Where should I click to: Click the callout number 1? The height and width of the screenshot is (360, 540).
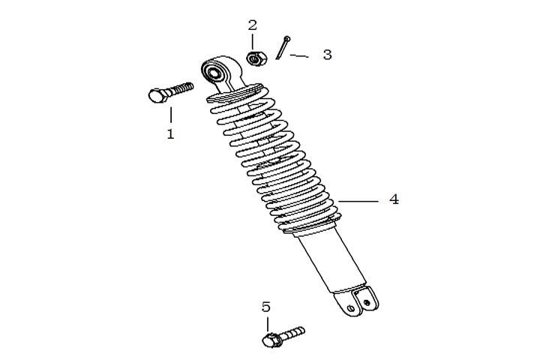pos(170,133)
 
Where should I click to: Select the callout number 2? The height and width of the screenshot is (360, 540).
pos(253,25)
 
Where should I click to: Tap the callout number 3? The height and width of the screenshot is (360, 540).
pos(327,55)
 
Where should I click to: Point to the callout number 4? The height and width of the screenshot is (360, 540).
pos(394,199)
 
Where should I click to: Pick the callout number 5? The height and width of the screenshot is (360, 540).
pos(266,307)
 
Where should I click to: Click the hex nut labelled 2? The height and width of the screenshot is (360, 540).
pos(256,58)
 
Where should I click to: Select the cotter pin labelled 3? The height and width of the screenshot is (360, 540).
pos(283,47)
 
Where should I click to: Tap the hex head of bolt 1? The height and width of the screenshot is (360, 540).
pos(158,95)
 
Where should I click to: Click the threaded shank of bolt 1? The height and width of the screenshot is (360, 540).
pos(181,89)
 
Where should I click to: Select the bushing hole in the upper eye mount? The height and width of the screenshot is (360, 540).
pos(214,73)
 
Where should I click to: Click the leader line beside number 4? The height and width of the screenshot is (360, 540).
pos(358,201)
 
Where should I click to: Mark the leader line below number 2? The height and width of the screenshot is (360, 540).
pos(253,42)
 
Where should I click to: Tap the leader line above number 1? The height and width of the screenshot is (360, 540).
pos(170,115)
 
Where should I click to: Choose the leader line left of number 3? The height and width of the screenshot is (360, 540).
pos(299,55)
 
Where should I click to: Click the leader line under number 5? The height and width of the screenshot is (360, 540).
pos(266,325)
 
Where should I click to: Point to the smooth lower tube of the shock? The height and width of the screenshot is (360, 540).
pos(331,261)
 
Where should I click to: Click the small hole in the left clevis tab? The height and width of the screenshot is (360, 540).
pos(350,307)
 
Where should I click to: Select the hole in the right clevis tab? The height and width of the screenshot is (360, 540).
pos(367,302)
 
